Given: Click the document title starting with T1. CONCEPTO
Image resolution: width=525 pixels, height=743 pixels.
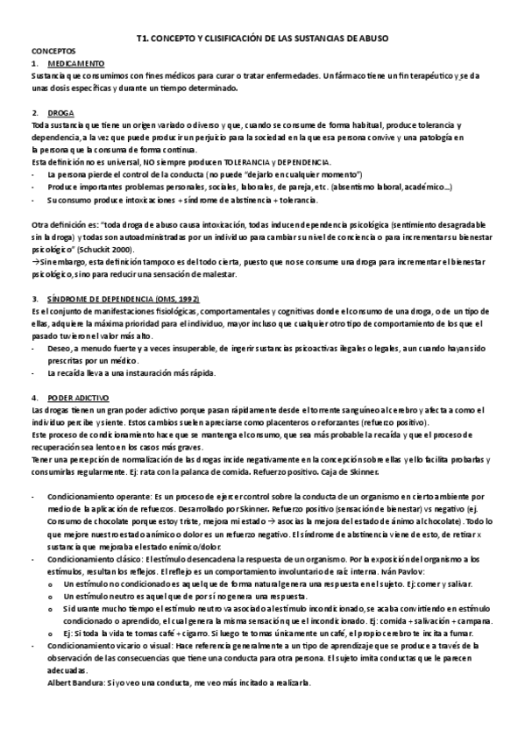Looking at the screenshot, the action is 262,39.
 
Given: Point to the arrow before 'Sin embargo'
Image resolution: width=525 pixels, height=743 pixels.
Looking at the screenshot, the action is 35,262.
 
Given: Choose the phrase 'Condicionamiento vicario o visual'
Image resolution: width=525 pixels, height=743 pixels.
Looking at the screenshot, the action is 103,645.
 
